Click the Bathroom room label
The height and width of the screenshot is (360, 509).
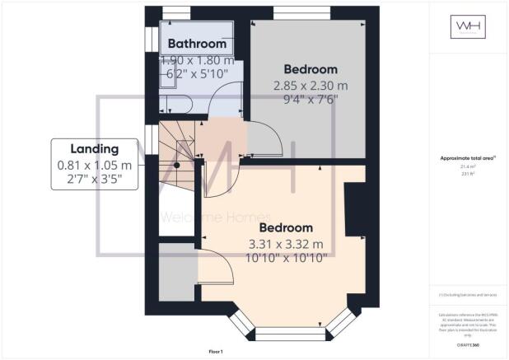click(x=197, y=43)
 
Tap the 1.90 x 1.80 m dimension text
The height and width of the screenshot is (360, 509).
click(x=198, y=60)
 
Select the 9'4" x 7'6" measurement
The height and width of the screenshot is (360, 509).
click(x=311, y=98)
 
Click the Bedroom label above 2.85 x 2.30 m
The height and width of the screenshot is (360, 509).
click(x=311, y=68)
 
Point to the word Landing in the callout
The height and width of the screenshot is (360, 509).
click(x=94, y=148)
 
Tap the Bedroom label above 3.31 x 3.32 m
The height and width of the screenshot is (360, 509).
click(x=287, y=227)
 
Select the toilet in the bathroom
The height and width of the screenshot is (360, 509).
click(x=175, y=103)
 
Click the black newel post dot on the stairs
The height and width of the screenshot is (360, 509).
click(x=175, y=164)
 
